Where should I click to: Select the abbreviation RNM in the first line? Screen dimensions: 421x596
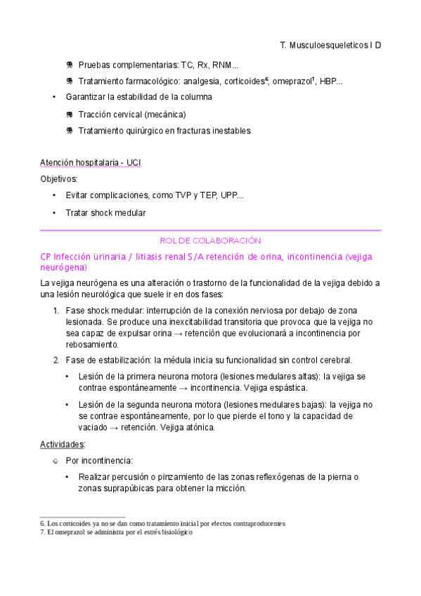pos(228,65)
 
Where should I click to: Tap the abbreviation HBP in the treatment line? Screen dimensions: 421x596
pos(329,82)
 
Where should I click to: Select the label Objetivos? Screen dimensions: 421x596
pos(59,179)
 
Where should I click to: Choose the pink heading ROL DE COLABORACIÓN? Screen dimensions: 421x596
pos(211,240)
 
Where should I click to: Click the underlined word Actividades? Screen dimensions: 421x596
pos(62,444)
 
